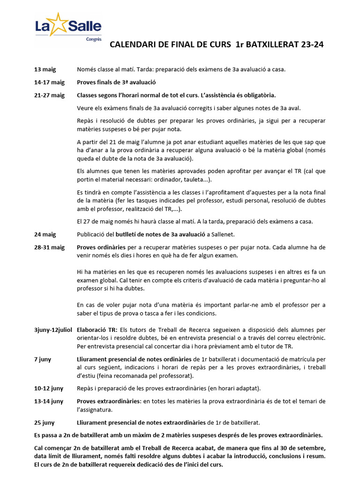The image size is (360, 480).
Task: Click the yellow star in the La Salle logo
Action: click(x=59, y=24)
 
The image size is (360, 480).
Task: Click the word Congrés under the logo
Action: click(x=93, y=39)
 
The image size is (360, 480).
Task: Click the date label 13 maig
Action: click(x=45, y=69)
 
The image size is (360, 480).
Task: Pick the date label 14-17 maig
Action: click(x=49, y=82)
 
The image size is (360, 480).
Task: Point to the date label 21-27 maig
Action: click(x=49, y=95)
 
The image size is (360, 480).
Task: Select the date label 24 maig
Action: click(x=45, y=234)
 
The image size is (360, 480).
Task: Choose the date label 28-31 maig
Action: click(x=49, y=247)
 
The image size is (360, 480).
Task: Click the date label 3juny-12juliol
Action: click(x=53, y=330)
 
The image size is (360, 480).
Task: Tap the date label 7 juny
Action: click(x=43, y=359)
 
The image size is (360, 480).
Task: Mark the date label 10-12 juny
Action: click(x=49, y=388)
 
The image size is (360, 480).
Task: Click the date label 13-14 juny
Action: click(x=49, y=401)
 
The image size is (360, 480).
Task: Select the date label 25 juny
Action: click(x=45, y=422)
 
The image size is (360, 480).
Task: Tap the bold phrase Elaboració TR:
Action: click(x=98, y=330)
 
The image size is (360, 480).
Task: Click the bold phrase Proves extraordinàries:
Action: click(x=109, y=401)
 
